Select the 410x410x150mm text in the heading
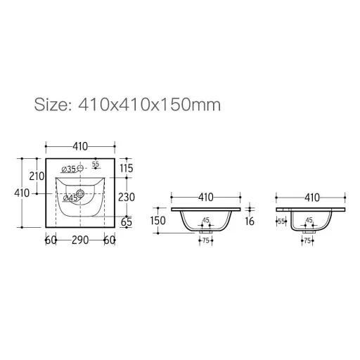tap(150, 105)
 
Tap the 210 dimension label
tap(37, 176)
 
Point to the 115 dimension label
tap(127, 168)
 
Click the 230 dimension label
tap(127, 197)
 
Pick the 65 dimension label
tap(127, 222)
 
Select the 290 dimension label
tap(80, 240)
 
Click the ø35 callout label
tap(68, 169)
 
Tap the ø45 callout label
tap(70, 198)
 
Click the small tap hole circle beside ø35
tap(80, 168)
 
